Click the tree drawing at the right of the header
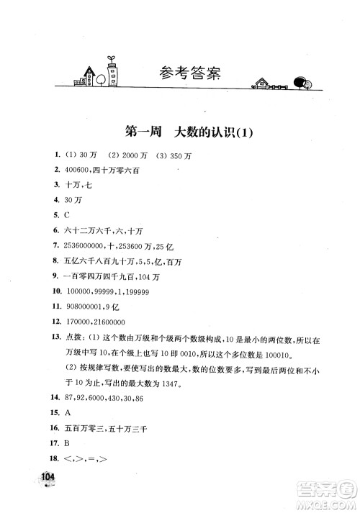(x=305, y=84)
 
